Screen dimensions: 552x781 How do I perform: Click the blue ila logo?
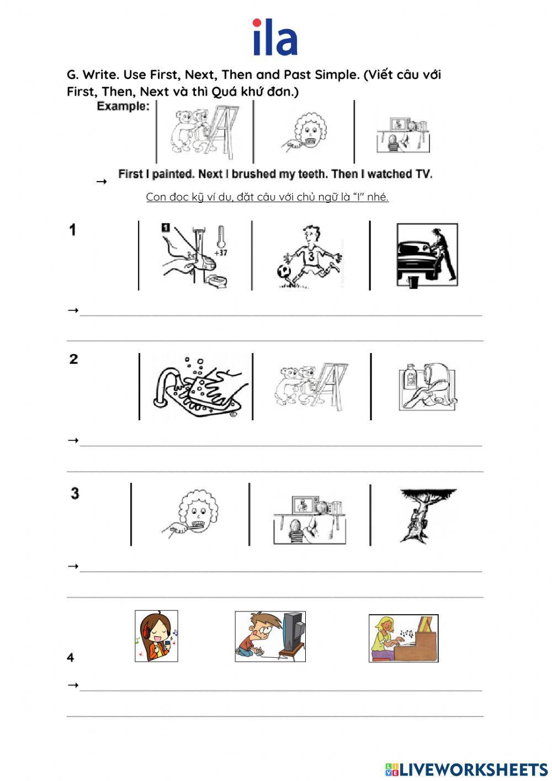pyautogui.click(x=275, y=38)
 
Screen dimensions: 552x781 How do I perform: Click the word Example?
pyautogui.click(x=123, y=107)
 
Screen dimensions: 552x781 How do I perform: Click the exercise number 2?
pyautogui.click(x=73, y=359)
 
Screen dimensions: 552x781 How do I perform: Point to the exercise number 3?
pyautogui.click(x=75, y=493)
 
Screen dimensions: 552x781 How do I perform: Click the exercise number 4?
pyautogui.click(x=71, y=658)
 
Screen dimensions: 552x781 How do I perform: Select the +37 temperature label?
pyautogui.click(x=221, y=252)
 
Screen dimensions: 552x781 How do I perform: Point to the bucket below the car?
pyautogui.click(x=413, y=282)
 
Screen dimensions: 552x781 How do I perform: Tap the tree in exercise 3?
pyautogui.click(x=426, y=515)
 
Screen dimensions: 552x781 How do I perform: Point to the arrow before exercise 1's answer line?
pyautogui.click(x=73, y=310)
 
